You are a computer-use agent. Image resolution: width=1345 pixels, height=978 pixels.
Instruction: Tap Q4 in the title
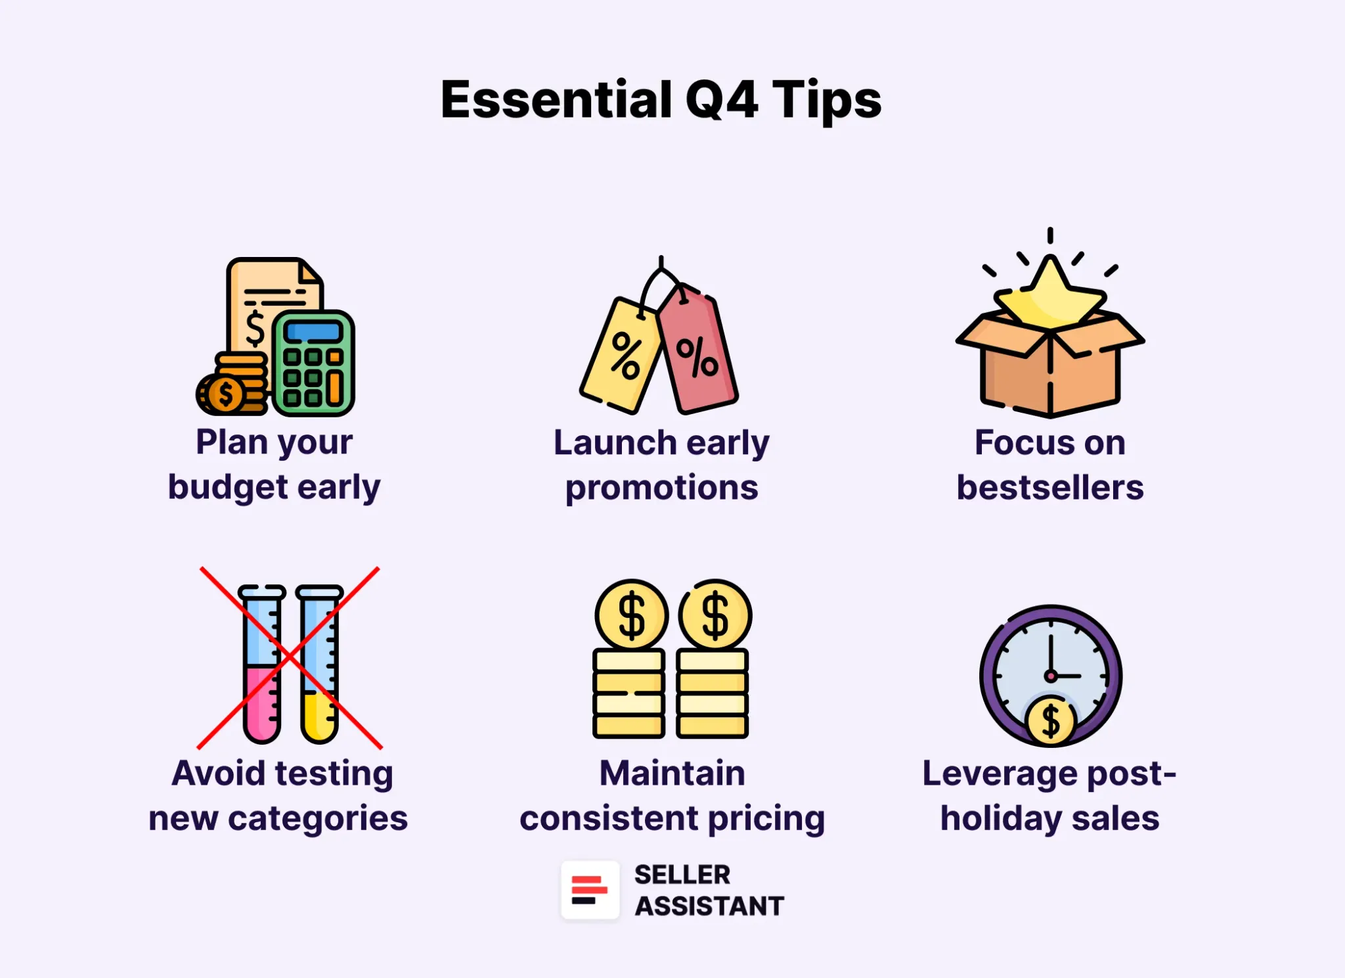[x=722, y=100]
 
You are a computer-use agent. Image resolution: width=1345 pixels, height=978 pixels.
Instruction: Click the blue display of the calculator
[x=313, y=332]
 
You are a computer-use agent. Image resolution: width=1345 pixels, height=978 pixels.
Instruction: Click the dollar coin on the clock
[x=1051, y=721]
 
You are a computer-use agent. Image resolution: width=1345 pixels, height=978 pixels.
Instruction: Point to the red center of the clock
[x=1051, y=676]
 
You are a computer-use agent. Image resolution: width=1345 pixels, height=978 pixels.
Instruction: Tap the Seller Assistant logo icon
[x=590, y=890]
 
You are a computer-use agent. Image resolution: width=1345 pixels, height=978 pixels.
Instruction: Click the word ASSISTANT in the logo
[x=709, y=906]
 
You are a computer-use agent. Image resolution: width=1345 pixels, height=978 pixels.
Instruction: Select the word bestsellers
[x=1050, y=488]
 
